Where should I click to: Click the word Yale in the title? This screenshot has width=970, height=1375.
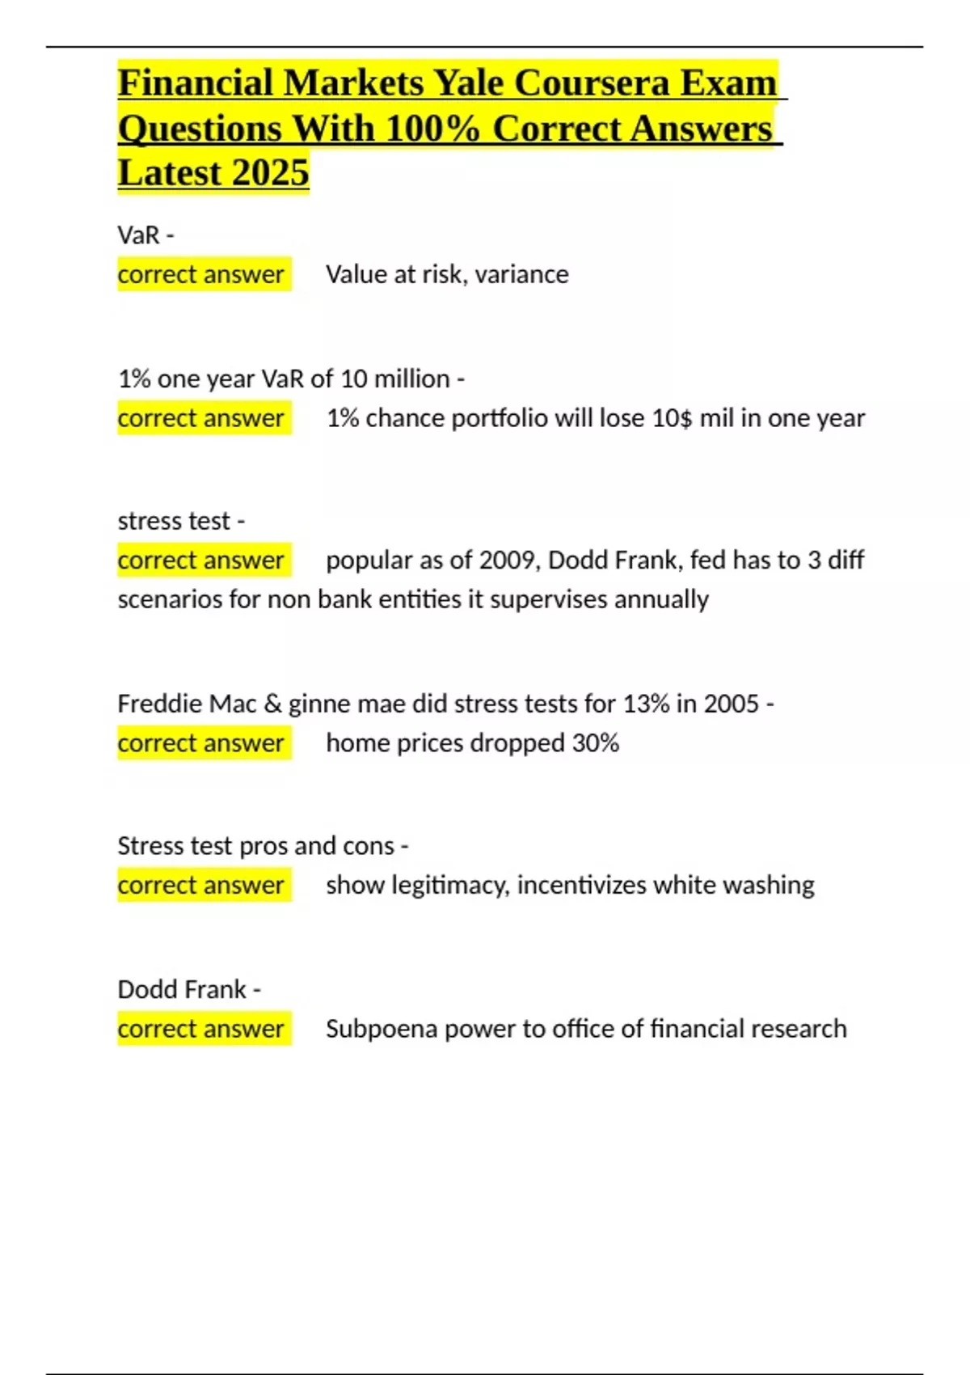pos(468,82)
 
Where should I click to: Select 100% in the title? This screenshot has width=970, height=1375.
pos(433,129)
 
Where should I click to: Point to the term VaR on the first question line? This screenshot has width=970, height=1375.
pos(138,235)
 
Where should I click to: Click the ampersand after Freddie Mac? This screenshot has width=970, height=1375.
pos(272,704)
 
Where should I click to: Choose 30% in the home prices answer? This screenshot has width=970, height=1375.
pos(596,743)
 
